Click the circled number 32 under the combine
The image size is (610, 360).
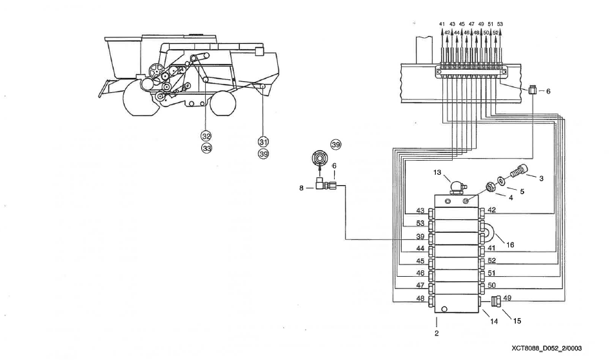tap(206, 135)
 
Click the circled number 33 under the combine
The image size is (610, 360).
tap(206, 148)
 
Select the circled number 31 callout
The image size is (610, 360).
tap(263, 142)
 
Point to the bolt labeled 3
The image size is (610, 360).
tap(518, 173)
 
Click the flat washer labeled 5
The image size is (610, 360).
tap(501, 181)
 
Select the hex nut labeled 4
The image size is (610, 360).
tap(490, 188)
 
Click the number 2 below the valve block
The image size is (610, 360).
tap(437, 333)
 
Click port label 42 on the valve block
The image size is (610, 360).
tap(491, 210)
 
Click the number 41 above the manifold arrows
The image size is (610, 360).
tap(442, 24)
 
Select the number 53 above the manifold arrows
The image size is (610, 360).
tap(500, 24)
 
